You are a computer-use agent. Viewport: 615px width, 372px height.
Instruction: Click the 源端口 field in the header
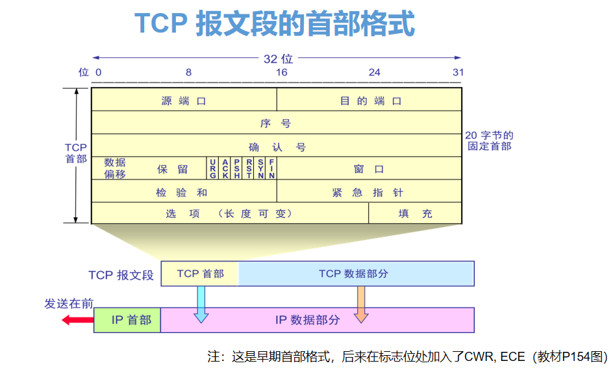click(x=184, y=101)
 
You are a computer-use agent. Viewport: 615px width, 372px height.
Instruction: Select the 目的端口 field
click(x=370, y=101)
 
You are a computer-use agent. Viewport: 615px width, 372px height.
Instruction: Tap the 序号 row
click(x=276, y=124)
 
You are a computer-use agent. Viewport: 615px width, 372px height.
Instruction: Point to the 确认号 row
click(x=276, y=147)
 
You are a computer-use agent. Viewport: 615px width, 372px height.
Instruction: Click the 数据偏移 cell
click(x=115, y=168)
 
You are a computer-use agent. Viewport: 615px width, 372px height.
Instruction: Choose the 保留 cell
click(x=172, y=169)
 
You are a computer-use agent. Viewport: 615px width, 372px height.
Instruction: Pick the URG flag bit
click(x=212, y=168)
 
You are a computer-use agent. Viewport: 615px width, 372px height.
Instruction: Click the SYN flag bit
click(x=260, y=168)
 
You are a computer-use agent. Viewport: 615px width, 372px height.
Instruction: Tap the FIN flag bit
click(x=271, y=168)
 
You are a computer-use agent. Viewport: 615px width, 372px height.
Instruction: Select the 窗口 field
click(x=369, y=169)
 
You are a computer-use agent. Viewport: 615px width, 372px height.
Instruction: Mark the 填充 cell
click(x=415, y=213)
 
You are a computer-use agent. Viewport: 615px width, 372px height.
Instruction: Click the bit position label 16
click(x=281, y=72)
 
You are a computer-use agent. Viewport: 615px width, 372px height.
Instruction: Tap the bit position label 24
click(x=374, y=72)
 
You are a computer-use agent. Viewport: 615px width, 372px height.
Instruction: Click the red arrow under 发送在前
click(x=77, y=319)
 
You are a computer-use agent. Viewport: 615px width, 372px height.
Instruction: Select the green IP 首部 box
click(x=127, y=320)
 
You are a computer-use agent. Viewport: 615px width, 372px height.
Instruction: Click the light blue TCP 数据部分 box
click(x=356, y=274)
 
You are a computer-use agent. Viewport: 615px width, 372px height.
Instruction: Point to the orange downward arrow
click(x=361, y=305)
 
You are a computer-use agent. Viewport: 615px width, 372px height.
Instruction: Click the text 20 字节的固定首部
click(x=489, y=140)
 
